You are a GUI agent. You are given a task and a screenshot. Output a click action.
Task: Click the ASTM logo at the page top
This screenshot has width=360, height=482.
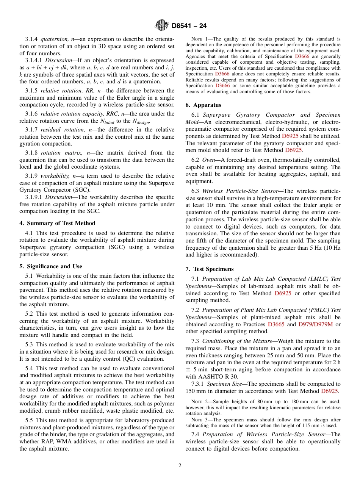pyautogui.click(x=162, y=26)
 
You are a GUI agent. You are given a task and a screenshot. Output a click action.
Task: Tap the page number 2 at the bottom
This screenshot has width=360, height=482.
pyautogui.click(x=180, y=465)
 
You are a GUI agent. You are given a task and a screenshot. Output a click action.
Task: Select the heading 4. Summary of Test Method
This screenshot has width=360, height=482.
pyautogui.click(x=57, y=223)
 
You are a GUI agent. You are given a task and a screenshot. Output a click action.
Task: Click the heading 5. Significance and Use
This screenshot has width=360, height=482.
pyautogui.click(x=51, y=266)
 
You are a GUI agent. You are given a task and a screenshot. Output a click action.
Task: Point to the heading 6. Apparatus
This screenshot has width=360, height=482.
pyautogui.click(x=203, y=105)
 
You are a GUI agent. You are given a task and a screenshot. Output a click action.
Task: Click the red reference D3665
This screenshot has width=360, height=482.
pyautogui.click(x=276, y=324)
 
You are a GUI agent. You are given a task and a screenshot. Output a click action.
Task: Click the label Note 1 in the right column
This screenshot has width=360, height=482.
pyautogui.click(x=199, y=39)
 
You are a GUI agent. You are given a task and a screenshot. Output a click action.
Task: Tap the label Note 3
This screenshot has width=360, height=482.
pyautogui.click(x=199, y=420)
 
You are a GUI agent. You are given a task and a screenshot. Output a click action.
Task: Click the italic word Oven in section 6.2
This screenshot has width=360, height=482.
pyautogui.click(x=208, y=160)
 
